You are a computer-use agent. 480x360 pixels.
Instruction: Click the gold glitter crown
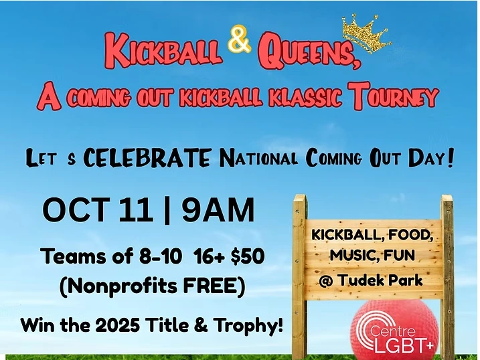tap(366, 33)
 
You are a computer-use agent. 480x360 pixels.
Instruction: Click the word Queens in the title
tap(309, 50)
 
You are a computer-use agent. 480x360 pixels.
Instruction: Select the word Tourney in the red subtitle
tap(395, 96)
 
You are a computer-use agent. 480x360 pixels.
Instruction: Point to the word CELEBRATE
tap(147, 158)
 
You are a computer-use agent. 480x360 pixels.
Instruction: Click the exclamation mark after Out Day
tap(450, 157)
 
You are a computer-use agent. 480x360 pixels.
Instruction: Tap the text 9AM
tap(218, 210)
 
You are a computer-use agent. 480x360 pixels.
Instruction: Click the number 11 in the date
tap(136, 210)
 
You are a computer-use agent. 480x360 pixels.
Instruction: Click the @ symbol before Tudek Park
tap(325, 280)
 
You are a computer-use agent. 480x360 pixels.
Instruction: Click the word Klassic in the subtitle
tap(305, 98)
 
